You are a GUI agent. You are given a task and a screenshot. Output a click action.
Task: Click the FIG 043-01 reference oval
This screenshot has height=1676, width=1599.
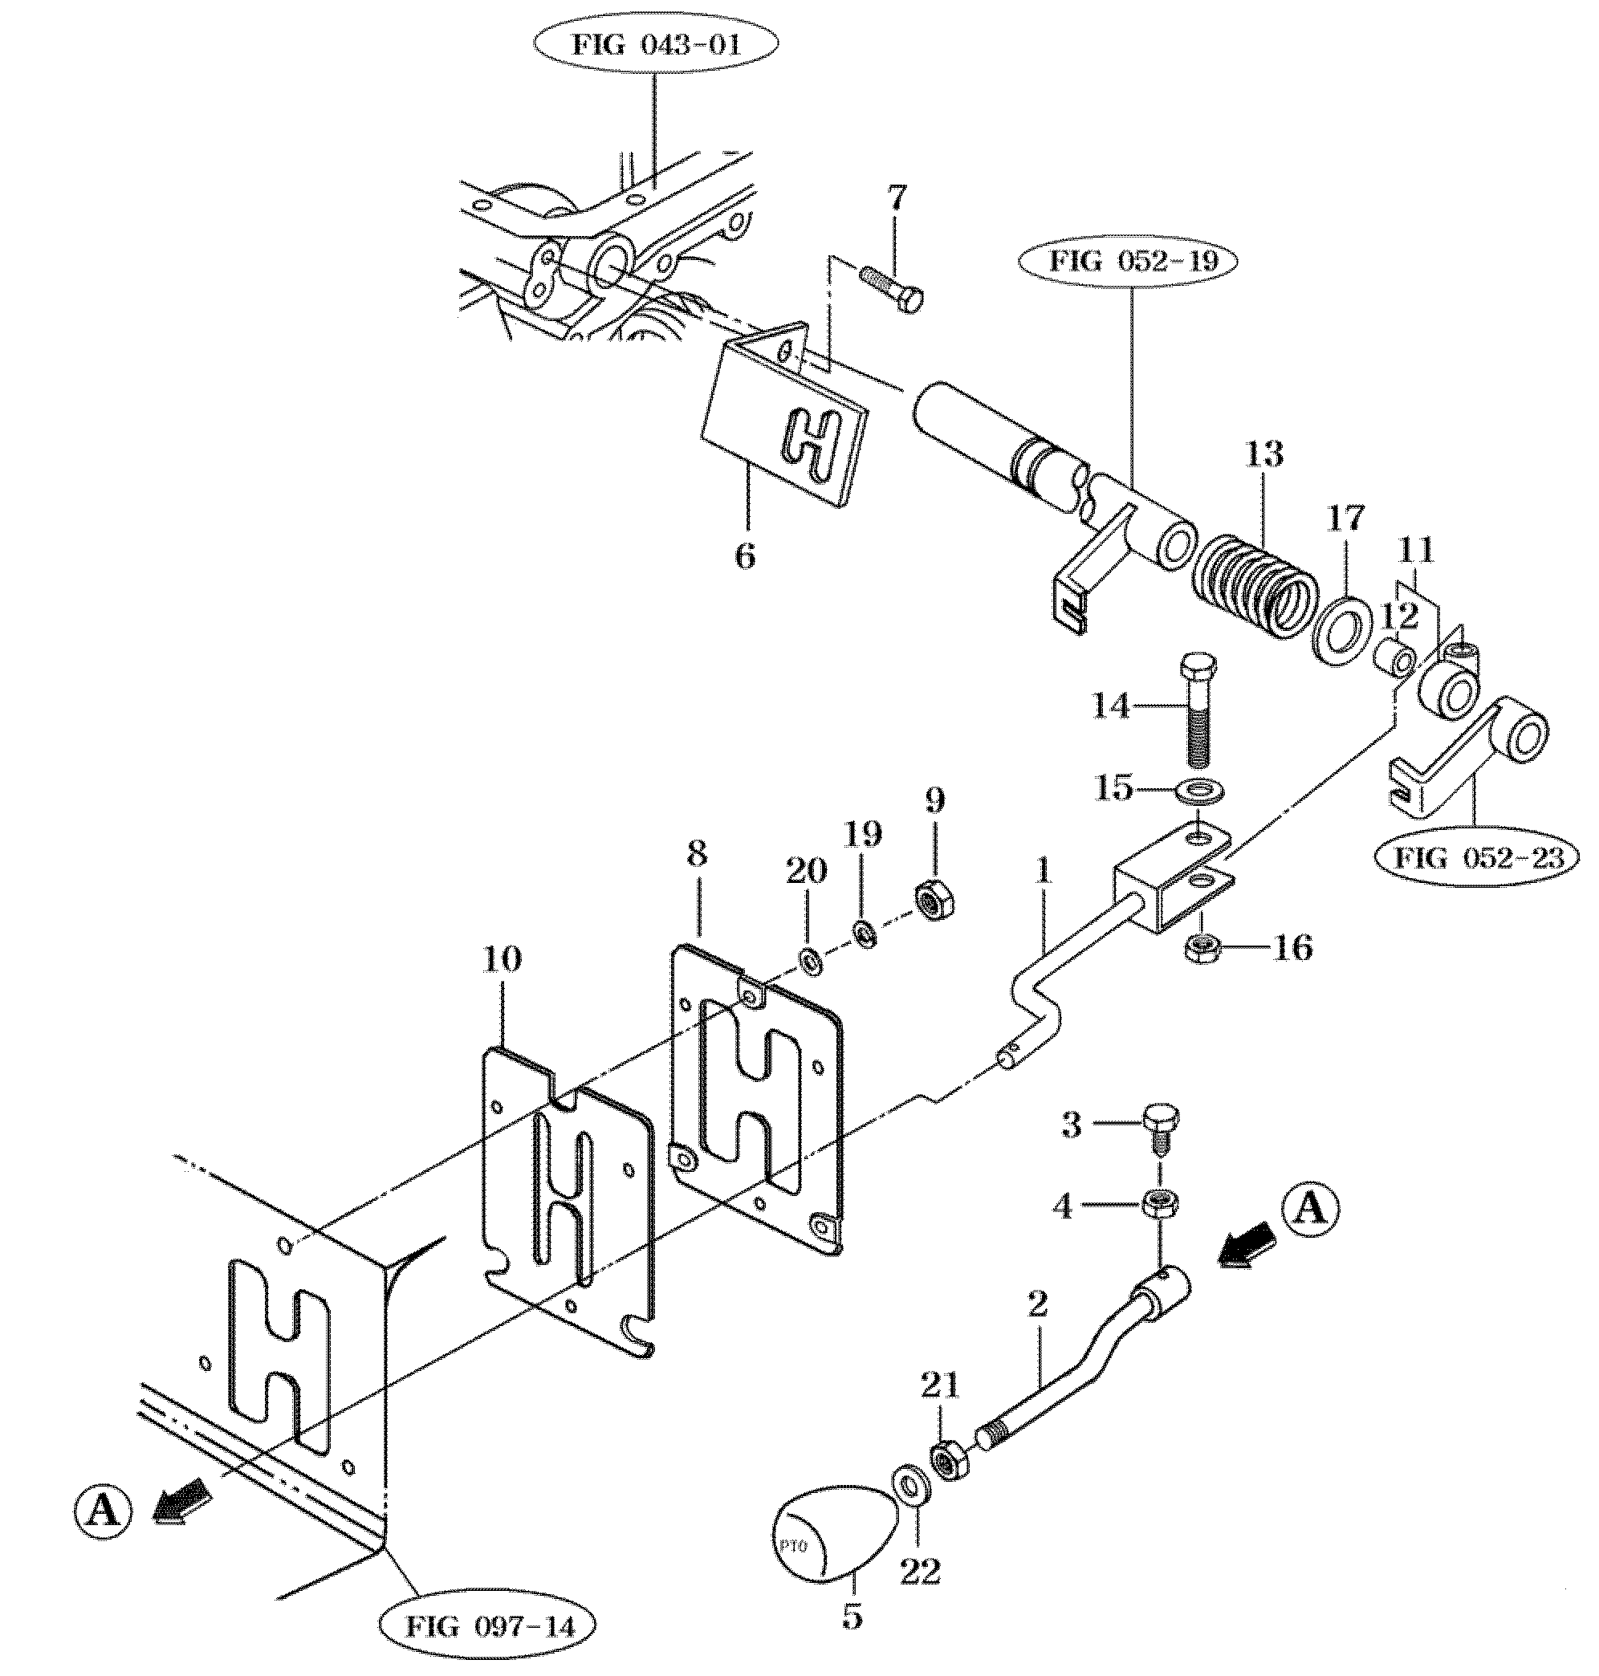coord(656,45)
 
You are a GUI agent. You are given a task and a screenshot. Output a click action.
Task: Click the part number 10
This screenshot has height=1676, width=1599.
coord(501,960)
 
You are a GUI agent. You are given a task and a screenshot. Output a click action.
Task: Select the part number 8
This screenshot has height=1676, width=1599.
coord(698,855)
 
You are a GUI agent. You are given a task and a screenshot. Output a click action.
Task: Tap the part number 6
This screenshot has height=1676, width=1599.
coord(745,557)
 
